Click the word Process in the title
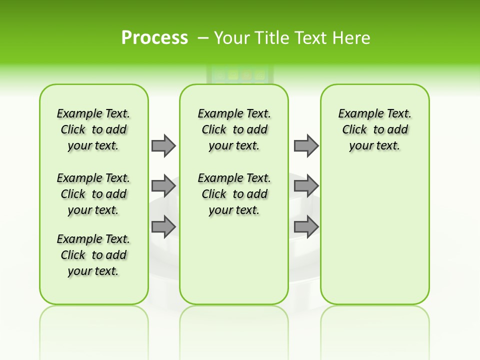pyautogui.click(x=154, y=37)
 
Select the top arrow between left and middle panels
pyautogui.click(x=163, y=145)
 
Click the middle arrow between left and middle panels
pyautogui.click(x=163, y=186)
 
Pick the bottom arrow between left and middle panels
pyautogui.click(x=163, y=227)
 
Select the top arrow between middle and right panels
pyautogui.click(x=306, y=145)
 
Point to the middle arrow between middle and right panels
pyautogui.click(x=306, y=186)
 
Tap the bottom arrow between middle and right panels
pyautogui.click(x=306, y=227)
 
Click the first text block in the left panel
pyautogui.click(x=93, y=129)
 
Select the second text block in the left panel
pyautogui.click(x=93, y=194)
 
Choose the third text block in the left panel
pyautogui.click(x=93, y=255)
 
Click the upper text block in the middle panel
pyautogui.click(x=234, y=129)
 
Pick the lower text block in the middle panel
pyautogui.click(x=234, y=194)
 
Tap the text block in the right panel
pyautogui.click(x=375, y=129)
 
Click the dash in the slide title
pyautogui.click(x=203, y=37)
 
